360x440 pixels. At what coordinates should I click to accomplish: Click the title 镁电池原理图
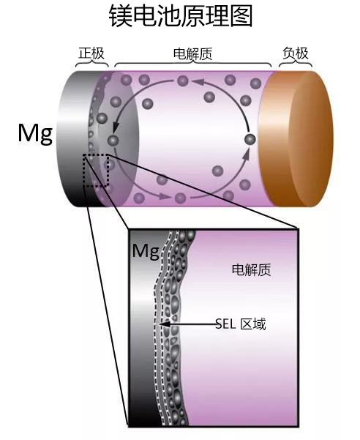click(x=181, y=16)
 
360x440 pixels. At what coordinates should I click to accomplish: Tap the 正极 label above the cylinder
click(x=91, y=53)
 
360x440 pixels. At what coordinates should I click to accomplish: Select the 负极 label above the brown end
click(x=296, y=53)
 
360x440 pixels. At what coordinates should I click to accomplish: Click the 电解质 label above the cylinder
click(x=192, y=54)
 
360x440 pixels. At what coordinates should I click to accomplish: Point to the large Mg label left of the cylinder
click(x=35, y=134)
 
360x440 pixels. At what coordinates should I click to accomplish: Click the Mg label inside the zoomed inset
click(x=146, y=251)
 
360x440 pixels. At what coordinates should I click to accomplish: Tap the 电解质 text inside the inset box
click(x=251, y=270)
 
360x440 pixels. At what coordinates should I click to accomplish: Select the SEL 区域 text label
click(x=241, y=324)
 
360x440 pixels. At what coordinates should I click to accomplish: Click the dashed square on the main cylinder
click(x=96, y=170)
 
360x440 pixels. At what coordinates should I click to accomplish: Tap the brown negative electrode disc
click(x=296, y=139)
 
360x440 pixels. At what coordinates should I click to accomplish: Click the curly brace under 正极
click(x=92, y=64)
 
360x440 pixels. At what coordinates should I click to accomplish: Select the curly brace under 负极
click(x=296, y=64)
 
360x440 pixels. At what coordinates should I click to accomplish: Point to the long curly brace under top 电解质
click(x=193, y=64)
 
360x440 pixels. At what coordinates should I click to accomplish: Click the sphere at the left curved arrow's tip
click(x=113, y=139)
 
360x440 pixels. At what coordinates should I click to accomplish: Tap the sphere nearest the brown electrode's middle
click(x=250, y=139)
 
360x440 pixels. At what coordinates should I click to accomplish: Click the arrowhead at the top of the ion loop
click(x=198, y=82)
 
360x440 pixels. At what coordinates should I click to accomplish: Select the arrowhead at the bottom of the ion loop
click(x=165, y=196)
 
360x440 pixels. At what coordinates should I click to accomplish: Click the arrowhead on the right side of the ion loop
click(x=246, y=154)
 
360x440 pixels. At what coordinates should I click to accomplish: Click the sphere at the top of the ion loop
click(x=183, y=81)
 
